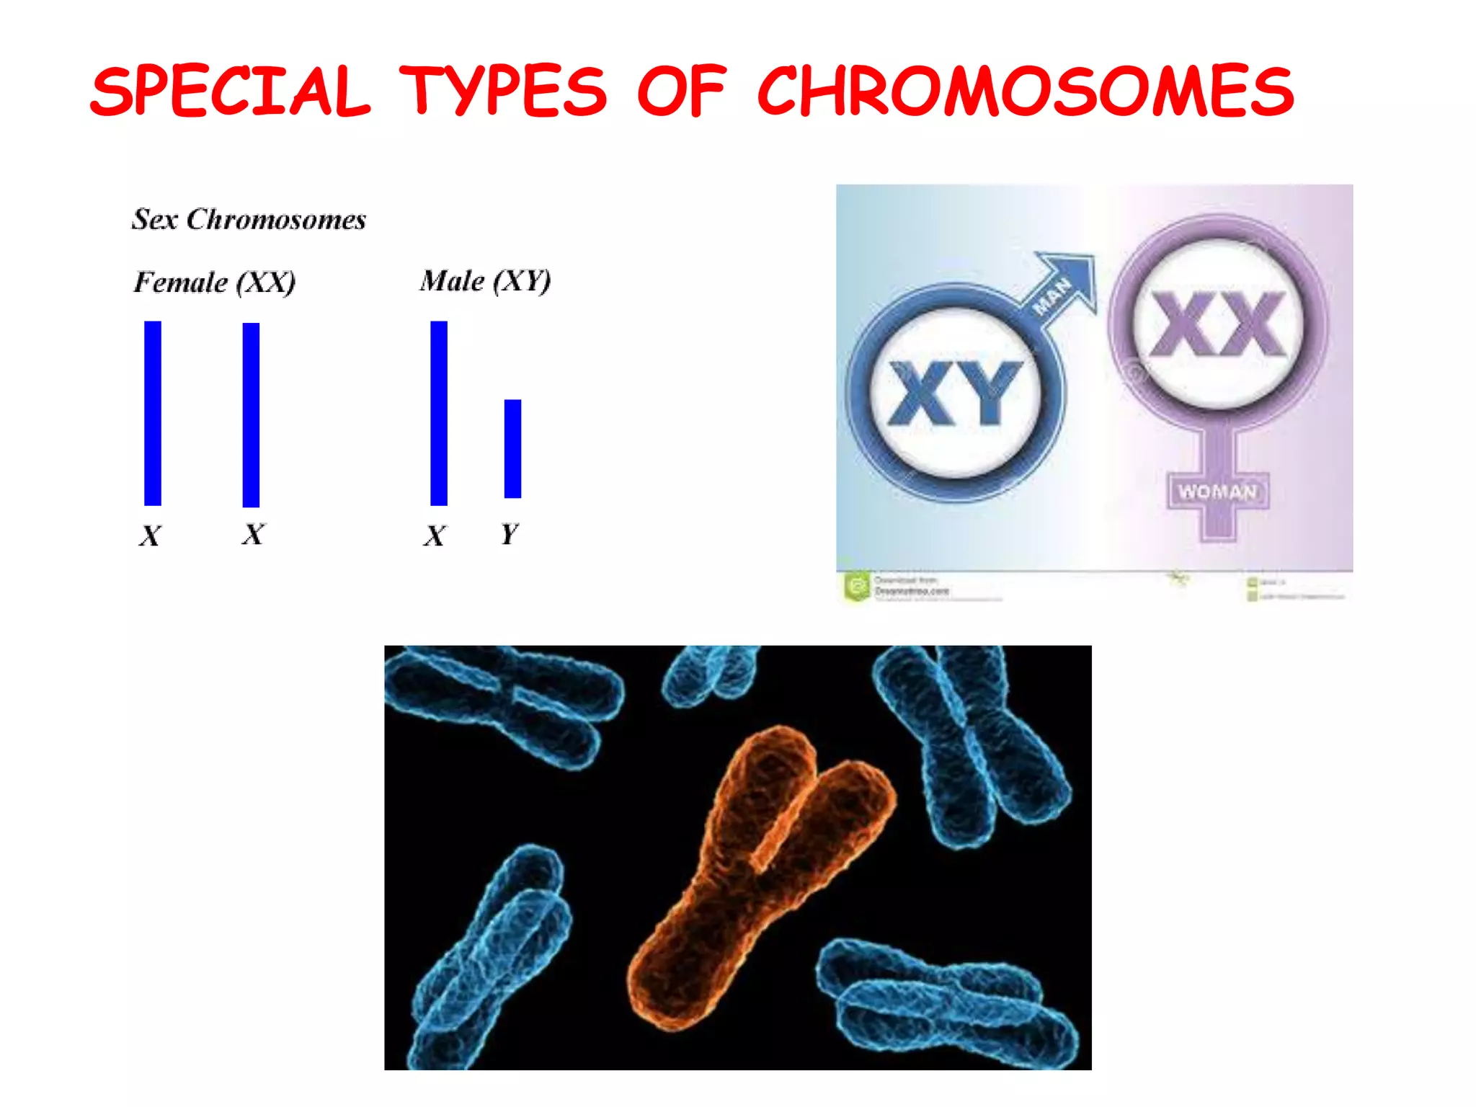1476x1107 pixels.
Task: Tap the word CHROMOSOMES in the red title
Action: click(x=1025, y=91)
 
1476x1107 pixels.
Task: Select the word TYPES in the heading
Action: click(x=503, y=91)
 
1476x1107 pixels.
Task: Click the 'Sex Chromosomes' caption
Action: click(x=249, y=219)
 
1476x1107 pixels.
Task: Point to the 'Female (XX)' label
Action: click(x=215, y=282)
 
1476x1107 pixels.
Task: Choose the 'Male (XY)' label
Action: click(x=485, y=280)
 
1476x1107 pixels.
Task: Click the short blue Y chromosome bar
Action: click(x=512, y=448)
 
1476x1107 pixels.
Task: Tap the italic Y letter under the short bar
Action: click(x=509, y=534)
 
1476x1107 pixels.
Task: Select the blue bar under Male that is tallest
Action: click(x=439, y=413)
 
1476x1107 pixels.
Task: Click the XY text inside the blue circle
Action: click(x=955, y=393)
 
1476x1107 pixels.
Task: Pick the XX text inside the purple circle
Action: click(x=1217, y=324)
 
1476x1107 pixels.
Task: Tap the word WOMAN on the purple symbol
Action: click(x=1217, y=492)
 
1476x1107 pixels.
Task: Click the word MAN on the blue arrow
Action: click(x=1052, y=296)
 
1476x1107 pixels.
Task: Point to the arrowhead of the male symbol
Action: click(x=1074, y=274)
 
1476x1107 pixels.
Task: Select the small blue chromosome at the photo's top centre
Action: click(x=710, y=674)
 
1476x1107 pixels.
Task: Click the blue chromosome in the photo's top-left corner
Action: click(x=504, y=703)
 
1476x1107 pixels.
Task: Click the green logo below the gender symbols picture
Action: click(x=857, y=586)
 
